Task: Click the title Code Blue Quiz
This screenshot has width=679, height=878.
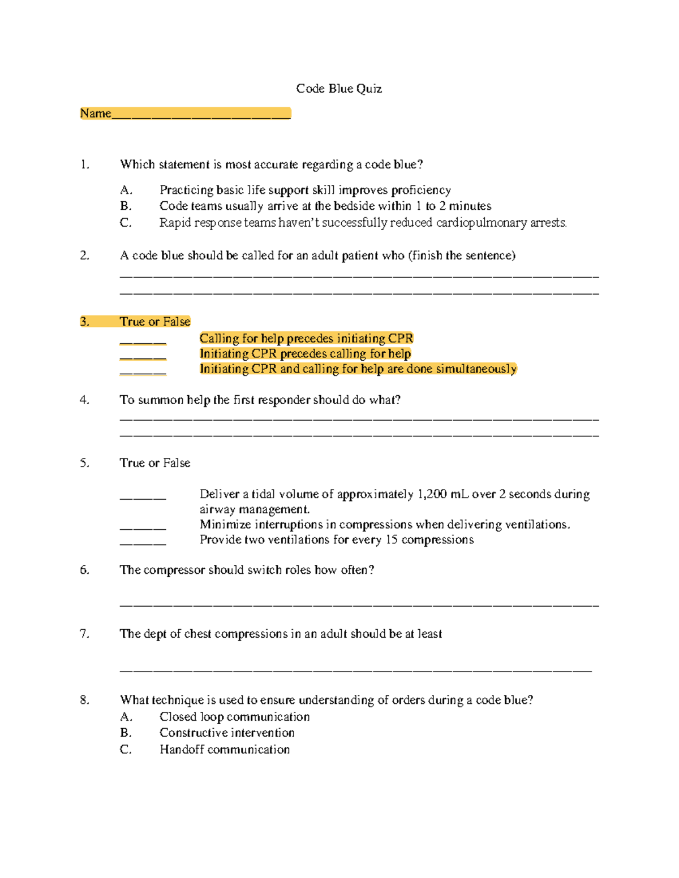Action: (339, 89)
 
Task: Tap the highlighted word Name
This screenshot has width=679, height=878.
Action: (95, 114)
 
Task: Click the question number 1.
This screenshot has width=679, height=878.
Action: (84, 165)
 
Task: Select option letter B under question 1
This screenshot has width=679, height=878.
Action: (126, 206)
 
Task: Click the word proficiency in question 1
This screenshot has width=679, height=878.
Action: (421, 191)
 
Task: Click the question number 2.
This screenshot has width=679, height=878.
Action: (84, 256)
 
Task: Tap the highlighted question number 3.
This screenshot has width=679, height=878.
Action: (84, 322)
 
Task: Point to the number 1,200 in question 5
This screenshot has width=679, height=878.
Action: (432, 494)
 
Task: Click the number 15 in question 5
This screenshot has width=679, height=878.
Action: (392, 540)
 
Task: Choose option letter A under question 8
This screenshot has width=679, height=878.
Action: (126, 717)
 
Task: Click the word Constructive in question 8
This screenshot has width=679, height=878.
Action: (192, 733)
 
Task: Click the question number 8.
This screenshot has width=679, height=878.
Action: (84, 700)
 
